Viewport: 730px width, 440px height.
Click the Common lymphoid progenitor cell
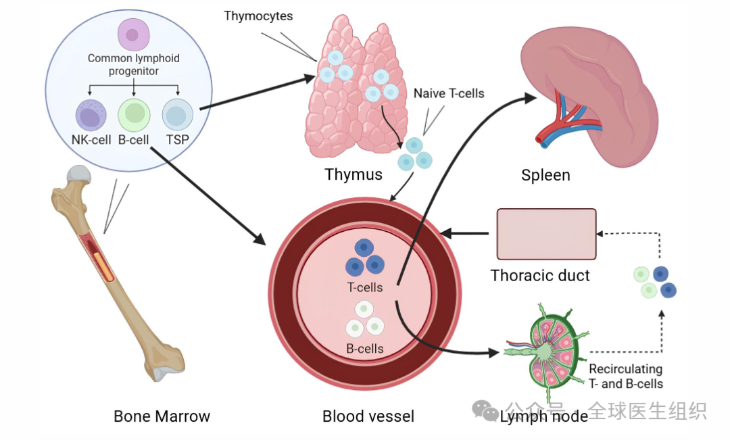[134, 34]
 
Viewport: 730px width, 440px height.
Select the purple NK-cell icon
[91, 115]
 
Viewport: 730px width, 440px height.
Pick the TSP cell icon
[178, 115]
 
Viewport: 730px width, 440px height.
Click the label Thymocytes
[259, 16]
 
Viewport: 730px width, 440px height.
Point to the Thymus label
[353, 174]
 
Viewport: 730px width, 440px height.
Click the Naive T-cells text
[449, 93]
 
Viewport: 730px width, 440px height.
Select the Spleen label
[545, 175]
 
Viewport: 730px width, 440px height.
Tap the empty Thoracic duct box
[546, 234]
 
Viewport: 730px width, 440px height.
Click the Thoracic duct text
[540, 276]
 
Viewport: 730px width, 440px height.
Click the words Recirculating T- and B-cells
[625, 376]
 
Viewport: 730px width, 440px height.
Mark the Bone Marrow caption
[162, 416]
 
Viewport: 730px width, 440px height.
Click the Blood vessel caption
[368, 416]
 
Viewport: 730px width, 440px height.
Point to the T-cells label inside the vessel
[365, 287]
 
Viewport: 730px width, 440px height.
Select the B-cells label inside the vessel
[365, 349]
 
